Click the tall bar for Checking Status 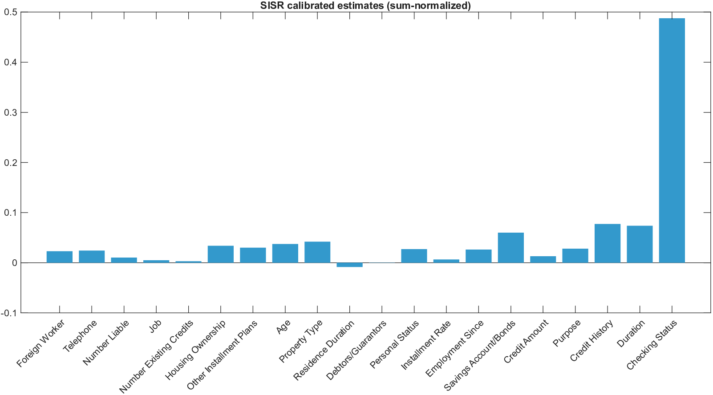click(x=672, y=141)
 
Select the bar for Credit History click(x=607, y=243)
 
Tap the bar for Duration click(x=640, y=244)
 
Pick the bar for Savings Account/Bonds click(x=510, y=248)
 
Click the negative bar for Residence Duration click(x=349, y=265)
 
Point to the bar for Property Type click(x=317, y=252)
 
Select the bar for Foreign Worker click(x=60, y=257)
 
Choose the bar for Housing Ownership click(x=221, y=254)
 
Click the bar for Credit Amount click(x=543, y=259)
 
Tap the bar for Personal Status click(x=414, y=256)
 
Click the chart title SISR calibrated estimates click(x=365, y=5)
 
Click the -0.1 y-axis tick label click(x=9, y=313)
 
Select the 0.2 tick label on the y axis click(x=11, y=163)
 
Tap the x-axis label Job click(x=155, y=326)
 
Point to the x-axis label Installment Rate click(x=426, y=345)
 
